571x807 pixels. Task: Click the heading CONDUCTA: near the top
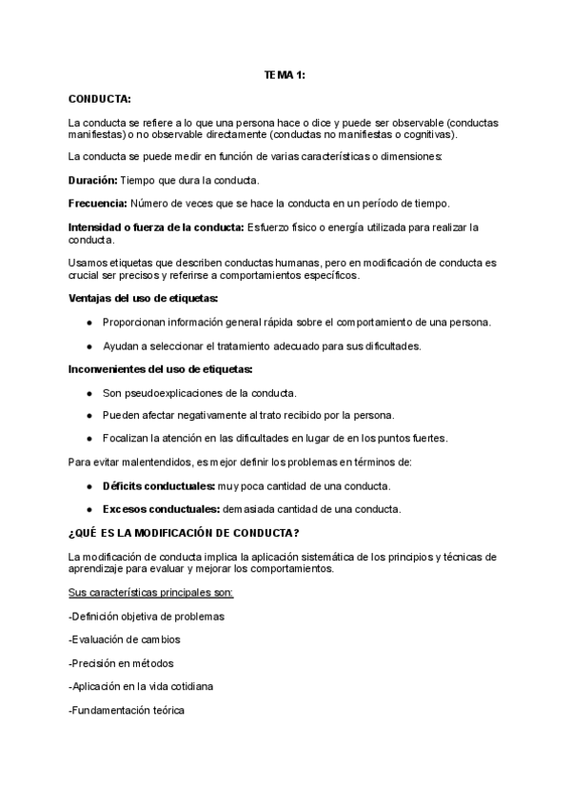[100, 98]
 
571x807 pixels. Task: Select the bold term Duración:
[93, 179]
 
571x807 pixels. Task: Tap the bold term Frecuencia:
[98, 203]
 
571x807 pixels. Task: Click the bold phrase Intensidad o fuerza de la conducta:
[156, 226]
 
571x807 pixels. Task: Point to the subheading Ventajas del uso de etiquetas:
[144, 298]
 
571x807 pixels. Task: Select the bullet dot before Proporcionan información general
[89, 322]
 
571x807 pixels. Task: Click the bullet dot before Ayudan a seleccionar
[89, 345]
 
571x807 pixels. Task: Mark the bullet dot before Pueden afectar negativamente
[89, 415]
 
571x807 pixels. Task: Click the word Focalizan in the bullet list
[126, 438]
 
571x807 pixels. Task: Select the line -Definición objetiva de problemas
[147, 616]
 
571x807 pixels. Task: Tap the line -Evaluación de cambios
[125, 640]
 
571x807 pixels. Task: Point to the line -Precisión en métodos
[121, 663]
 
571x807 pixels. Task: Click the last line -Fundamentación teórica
[127, 711]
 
